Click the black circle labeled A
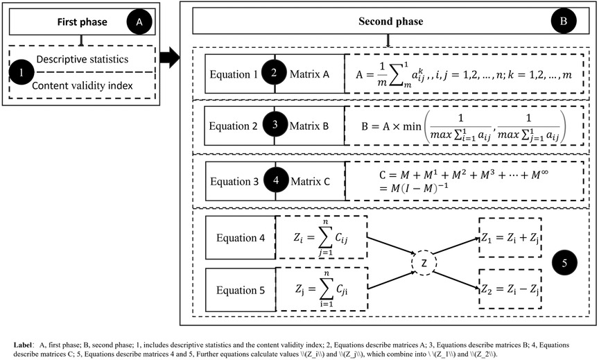(x=139, y=22)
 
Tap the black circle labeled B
(x=563, y=22)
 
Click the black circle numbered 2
(x=275, y=74)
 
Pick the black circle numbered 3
(x=275, y=127)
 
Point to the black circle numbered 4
(x=275, y=180)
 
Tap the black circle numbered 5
(x=563, y=263)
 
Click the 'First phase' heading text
(x=82, y=22)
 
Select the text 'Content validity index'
(x=84, y=86)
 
